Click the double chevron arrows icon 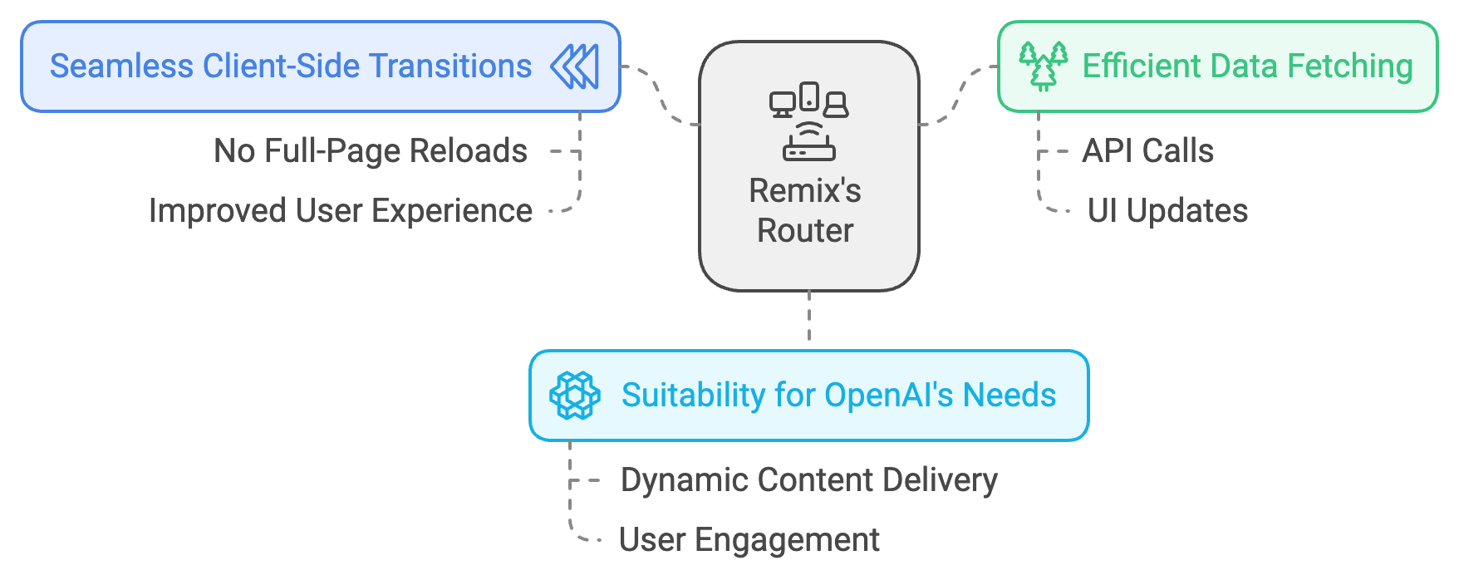pos(574,66)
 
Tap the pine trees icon pos(1044,66)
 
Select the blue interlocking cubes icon pos(575,396)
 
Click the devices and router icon pos(808,121)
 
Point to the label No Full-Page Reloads pos(371,151)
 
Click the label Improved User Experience pos(341,211)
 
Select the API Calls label pos(1148,151)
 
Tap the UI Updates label pos(1167,211)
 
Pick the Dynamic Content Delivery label pos(809,480)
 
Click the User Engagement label pos(749,540)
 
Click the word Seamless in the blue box pos(121,66)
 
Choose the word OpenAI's pos(889,396)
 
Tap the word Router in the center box pos(805,231)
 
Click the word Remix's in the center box pos(805,191)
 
